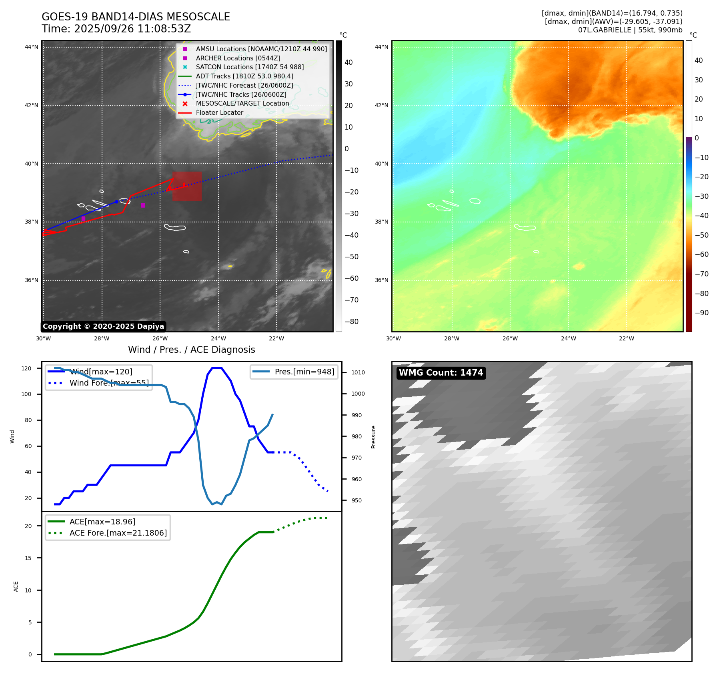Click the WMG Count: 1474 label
coord(441,373)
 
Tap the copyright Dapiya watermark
coord(103,326)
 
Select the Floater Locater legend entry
coord(219,113)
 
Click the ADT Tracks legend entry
coord(244,76)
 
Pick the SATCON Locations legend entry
coord(250,67)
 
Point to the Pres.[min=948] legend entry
coord(304,372)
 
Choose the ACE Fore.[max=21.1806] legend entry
coord(118,533)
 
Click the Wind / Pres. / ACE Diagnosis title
coord(191,350)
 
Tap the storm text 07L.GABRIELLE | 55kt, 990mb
coord(630,30)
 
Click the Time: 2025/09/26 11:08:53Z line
coord(116,29)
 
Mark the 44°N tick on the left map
coord(32,47)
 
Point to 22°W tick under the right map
coord(626,338)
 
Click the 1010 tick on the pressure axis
coord(358,372)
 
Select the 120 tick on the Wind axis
coord(26,368)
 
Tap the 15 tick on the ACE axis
coord(28,558)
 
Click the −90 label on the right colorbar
coord(701,313)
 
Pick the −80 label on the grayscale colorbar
coord(352,322)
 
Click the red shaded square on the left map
coord(187,186)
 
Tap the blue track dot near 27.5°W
coord(116,202)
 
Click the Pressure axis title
coord(373,437)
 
